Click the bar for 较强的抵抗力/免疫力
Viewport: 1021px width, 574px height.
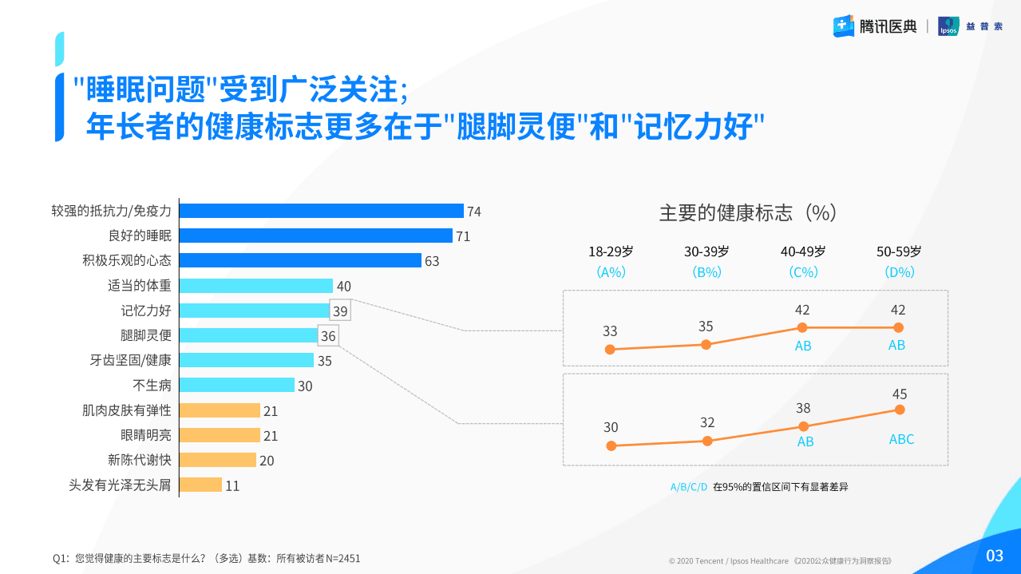coord(321,211)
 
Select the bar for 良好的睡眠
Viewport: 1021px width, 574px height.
coord(315,236)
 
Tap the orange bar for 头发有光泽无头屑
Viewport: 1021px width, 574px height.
coord(200,485)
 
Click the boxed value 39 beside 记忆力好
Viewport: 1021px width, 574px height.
coord(341,311)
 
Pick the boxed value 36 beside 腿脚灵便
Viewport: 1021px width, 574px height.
coord(328,336)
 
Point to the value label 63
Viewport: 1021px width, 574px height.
coord(432,261)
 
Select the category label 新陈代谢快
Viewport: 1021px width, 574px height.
coord(140,460)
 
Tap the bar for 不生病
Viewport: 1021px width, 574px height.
coord(236,385)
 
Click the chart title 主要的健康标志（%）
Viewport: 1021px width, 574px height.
coord(747,212)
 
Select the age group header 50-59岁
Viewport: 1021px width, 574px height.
coord(899,251)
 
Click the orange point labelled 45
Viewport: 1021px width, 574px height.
coord(900,410)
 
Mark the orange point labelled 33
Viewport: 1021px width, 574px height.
coord(610,349)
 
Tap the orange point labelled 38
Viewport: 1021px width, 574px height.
coord(803,426)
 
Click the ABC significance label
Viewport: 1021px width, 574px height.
coord(901,440)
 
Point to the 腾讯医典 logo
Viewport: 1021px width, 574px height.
coord(875,26)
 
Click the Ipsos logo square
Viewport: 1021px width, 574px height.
coord(948,26)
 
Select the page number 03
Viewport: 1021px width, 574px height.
coord(995,556)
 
